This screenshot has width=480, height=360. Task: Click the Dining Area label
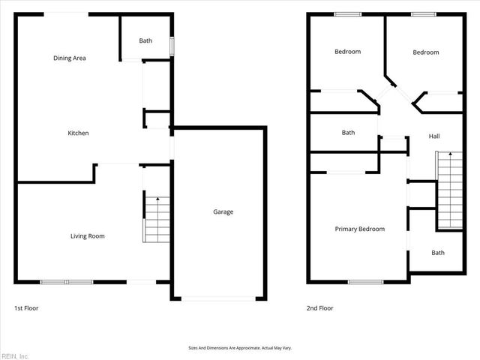click(68, 58)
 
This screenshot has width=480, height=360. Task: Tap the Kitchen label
click(78, 133)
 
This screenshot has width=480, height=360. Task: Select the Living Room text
click(87, 236)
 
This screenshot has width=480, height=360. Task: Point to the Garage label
click(223, 211)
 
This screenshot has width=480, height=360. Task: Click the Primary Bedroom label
click(359, 229)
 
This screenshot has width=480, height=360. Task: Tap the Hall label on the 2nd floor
click(434, 136)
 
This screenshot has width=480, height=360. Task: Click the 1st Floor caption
click(26, 308)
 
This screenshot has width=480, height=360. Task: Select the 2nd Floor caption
click(320, 308)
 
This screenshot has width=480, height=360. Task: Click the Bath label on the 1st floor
click(145, 40)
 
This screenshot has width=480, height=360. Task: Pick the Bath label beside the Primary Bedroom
click(437, 253)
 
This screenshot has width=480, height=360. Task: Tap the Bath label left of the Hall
click(348, 133)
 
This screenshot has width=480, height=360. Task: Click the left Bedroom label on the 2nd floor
click(347, 52)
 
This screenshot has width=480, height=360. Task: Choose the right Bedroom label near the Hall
click(425, 52)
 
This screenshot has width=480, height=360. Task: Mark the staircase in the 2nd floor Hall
click(449, 189)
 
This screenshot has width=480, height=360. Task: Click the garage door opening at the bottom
click(220, 298)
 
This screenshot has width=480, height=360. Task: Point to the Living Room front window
click(67, 282)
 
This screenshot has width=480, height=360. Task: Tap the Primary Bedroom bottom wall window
click(365, 282)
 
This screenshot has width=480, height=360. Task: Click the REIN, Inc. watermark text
click(15, 355)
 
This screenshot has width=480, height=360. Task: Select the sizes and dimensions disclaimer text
click(239, 348)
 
